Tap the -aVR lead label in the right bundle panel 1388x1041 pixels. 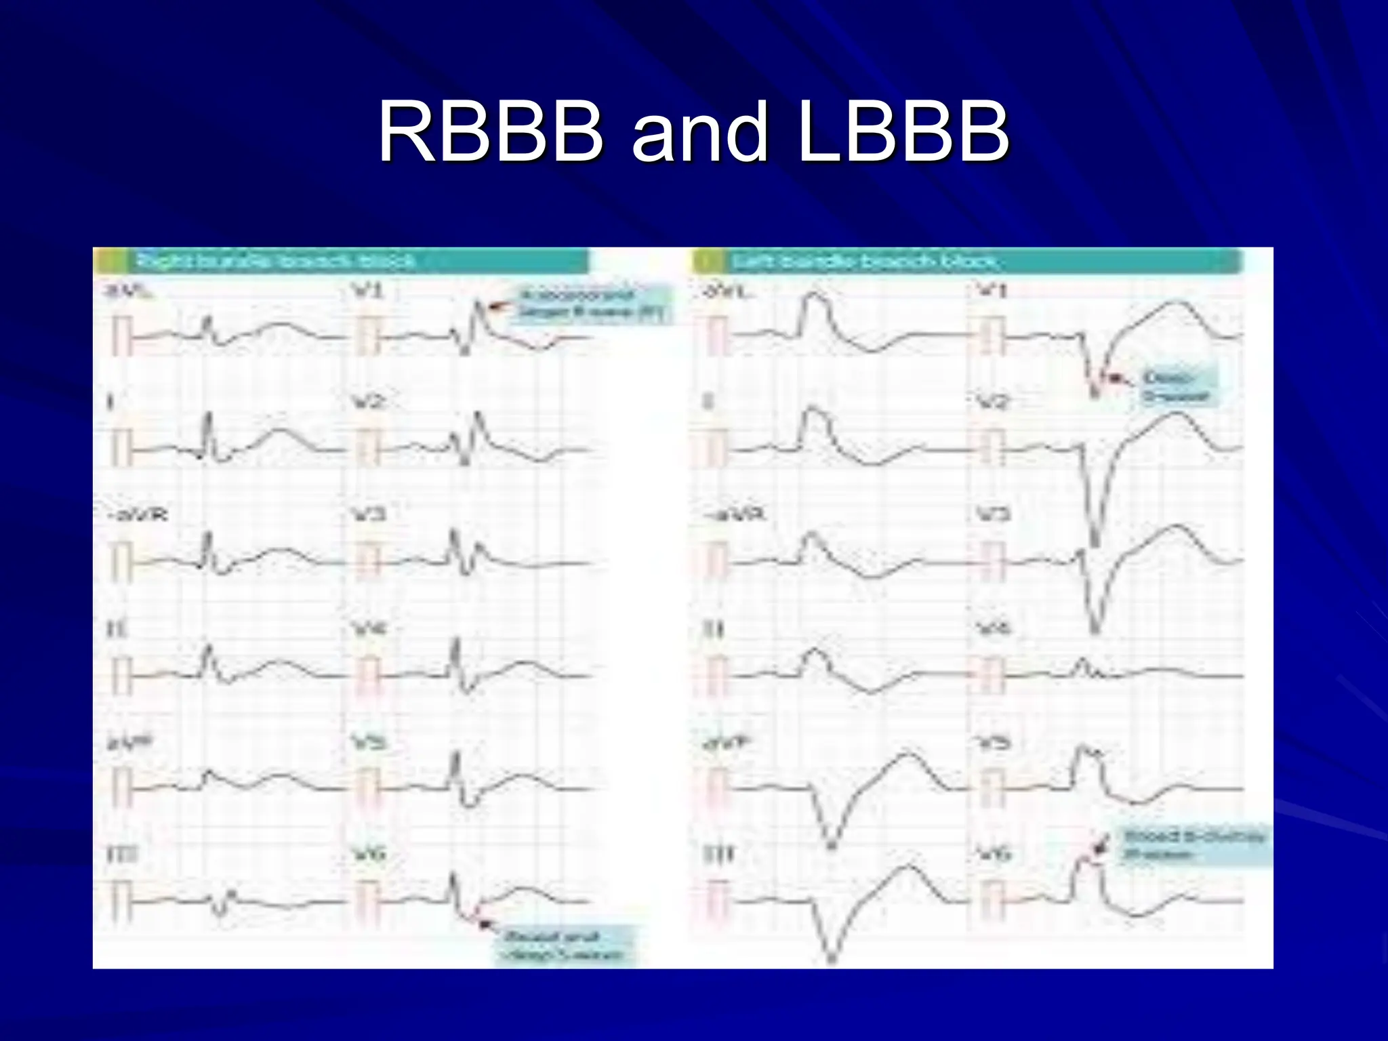[137, 515]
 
